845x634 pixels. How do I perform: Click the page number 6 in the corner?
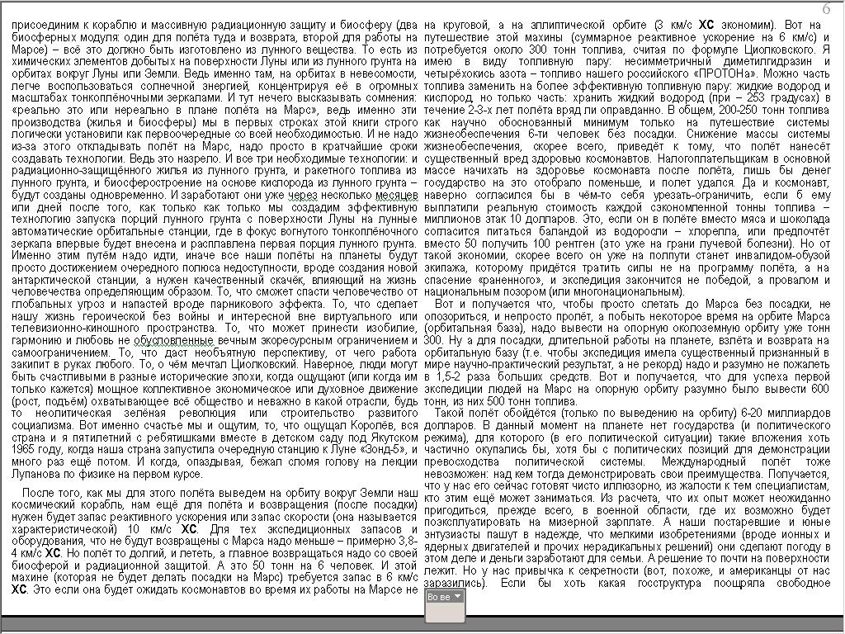pyautogui.click(x=826, y=8)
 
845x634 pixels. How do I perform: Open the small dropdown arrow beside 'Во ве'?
pyautogui.click(x=458, y=595)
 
